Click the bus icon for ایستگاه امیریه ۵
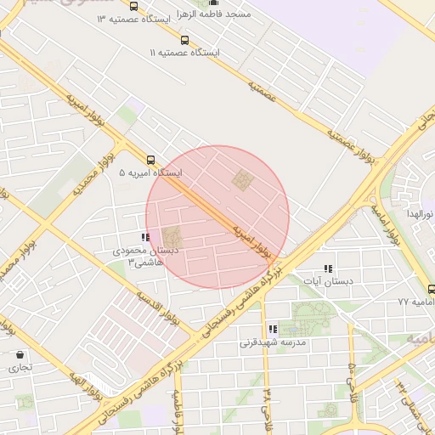150,159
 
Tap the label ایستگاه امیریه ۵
150,172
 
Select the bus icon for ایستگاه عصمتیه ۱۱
185,40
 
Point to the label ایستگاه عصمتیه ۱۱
184,53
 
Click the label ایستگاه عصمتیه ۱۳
132,18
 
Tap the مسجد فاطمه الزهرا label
212,16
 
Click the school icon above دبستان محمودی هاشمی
145,238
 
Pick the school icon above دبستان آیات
329,268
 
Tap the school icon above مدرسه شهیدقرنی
273,329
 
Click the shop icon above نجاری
19,354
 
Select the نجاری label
19,368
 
